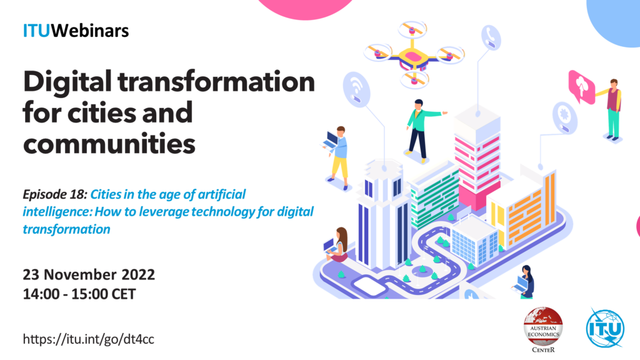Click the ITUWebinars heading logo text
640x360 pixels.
pyautogui.click(x=76, y=31)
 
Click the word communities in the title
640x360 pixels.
pyautogui.click(x=109, y=144)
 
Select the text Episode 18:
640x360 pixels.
pyautogui.click(x=55, y=194)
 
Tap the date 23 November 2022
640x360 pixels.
pyautogui.click(x=89, y=274)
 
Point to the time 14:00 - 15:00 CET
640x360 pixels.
pyautogui.click(x=79, y=294)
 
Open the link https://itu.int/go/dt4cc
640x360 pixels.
pyautogui.click(x=88, y=339)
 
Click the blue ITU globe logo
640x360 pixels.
pyautogui.click(x=605, y=327)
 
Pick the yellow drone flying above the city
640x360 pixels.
pyautogui.click(x=413, y=55)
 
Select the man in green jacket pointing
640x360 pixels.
pyautogui.click(x=421, y=131)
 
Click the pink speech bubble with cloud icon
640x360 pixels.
pyautogui.click(x=581, y=86)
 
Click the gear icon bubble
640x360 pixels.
pyautogui.click(x=565, y=117)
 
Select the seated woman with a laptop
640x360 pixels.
pyautogui.click(x=336, y=245)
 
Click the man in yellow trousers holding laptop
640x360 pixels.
pyautogui.click(x=337, y=158)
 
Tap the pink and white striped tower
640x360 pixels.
pyautogui.click(x=477, y=159)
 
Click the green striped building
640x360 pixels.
pyautogui.click(x=434, y=196)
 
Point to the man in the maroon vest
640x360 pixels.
pyautogui.click(x=611, y=109)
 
